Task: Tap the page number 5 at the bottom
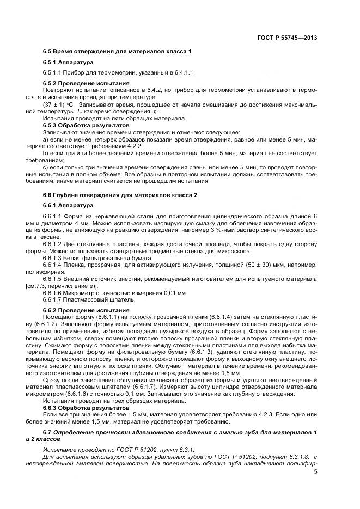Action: tap(316, 471)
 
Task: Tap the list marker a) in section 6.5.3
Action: tap(45, 139)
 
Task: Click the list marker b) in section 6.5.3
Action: tap(45, 154)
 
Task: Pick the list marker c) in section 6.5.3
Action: tap(45, 168)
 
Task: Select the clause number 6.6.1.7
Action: tap(53, 299)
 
